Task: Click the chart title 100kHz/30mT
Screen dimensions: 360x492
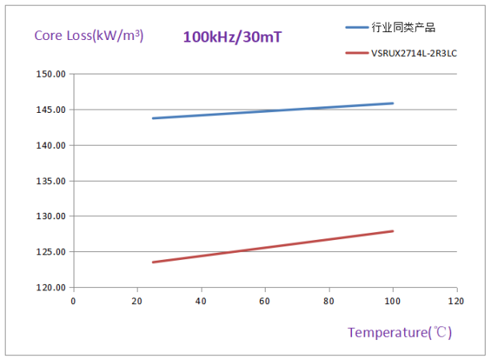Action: tap(233, 37)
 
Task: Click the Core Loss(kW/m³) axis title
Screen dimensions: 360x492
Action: tap(89, 35)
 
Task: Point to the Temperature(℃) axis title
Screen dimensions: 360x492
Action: tap(399, 332)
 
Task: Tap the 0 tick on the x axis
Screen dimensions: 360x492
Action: tap(73, 301)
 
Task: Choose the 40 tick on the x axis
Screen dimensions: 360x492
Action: tap(201, 301)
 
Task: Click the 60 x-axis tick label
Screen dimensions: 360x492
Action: tap(265, 301)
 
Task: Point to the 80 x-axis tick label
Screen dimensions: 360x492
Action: tap(329, 301)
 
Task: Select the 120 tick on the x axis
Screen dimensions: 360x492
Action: tap(456, 301)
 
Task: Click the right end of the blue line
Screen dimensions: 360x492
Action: tap(393, 103)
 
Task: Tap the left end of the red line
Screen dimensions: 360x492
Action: tap(153, 262)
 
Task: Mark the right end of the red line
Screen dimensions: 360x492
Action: tap(393, 231)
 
